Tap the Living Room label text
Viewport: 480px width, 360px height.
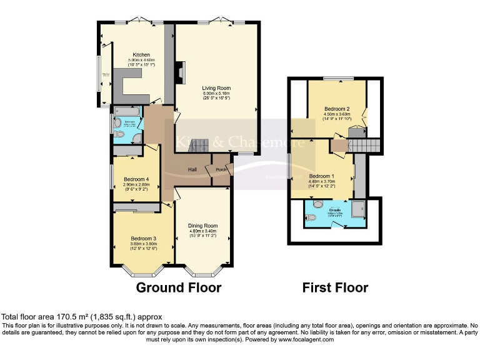[x=216, y=79]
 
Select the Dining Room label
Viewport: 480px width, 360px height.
[x=203, y=226]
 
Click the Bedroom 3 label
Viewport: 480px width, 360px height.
[x=143, y=238]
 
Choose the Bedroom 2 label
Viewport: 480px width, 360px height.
[x=337, y=109]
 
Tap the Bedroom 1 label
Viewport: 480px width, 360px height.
[x=322, y=176]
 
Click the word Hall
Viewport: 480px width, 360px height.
[x=193, y=170]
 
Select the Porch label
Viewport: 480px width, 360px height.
[x=221, y=170]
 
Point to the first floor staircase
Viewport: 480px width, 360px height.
[x=364, y=146]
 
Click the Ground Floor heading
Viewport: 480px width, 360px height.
[x=179, y=288]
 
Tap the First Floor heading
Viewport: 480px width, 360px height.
[x=335, y=288]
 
